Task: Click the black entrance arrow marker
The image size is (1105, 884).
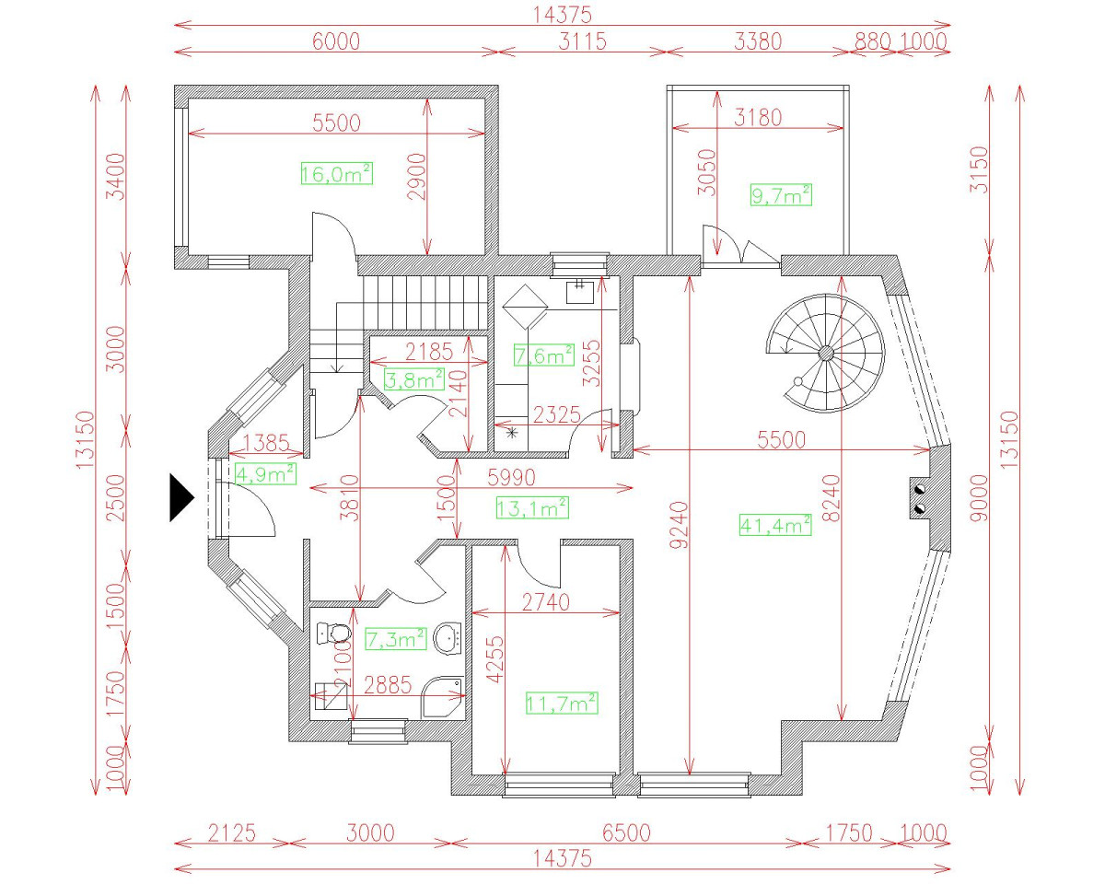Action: [180, 498]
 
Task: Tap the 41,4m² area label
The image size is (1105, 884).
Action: [775, 525]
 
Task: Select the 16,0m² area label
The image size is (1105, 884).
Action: [336, 174]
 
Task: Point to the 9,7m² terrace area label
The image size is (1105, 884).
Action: [781, 195]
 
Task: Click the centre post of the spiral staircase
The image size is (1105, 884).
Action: [826, 353]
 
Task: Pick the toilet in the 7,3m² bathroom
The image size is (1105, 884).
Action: [332, 632]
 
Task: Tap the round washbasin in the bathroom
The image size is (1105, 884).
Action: [448, 638]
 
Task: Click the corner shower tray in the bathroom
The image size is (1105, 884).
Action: [443, 697]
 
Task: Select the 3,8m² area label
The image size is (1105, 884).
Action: [413, 379]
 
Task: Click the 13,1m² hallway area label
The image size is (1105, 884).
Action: [532, 508]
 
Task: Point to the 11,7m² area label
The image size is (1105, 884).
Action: [562, 703]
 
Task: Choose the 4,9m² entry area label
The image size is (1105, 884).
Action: [265, 473]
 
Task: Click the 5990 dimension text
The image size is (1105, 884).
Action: [511, 477]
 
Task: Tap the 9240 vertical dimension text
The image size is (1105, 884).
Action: [680, 525]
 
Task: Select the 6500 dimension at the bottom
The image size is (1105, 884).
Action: [626, 832]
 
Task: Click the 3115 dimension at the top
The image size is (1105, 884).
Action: [582, 41]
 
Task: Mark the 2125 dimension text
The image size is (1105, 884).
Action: [231, 832]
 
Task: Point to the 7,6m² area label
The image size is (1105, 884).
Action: [544, 355]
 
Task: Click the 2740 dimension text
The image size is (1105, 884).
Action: [546, 602]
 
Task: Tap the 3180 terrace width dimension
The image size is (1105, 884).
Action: [758, 118]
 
